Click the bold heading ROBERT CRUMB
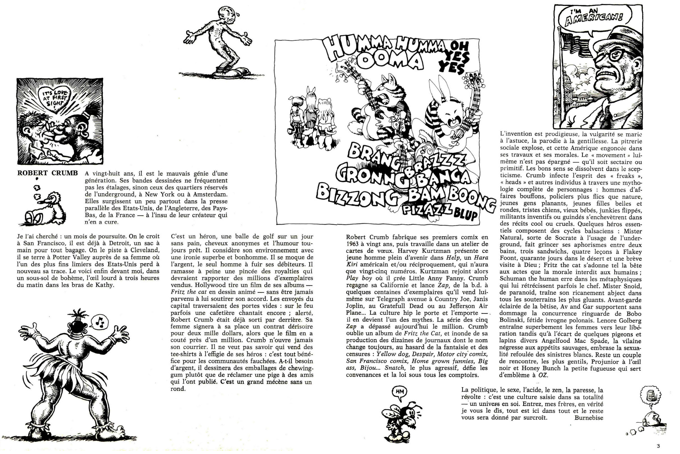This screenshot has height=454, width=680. point(47,173)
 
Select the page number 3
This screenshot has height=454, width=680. point(658,446)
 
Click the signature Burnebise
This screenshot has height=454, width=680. point(589,418)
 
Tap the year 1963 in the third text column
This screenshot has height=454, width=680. point(353,244)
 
